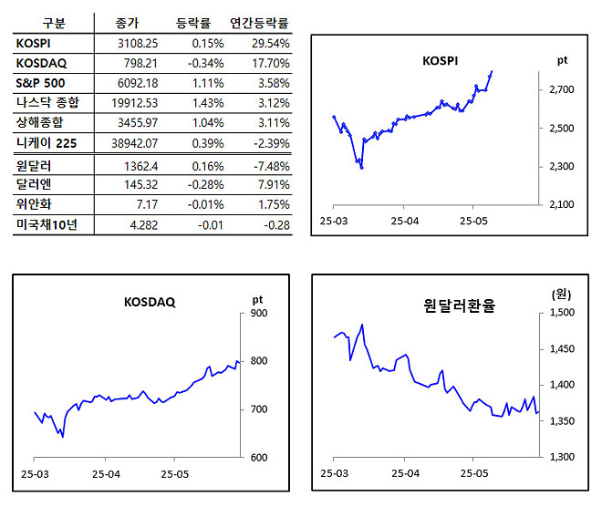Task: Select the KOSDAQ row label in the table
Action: [x=40, y=63]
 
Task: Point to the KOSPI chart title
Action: [x=441, y=61]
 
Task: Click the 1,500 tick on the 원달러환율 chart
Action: [x=563, y=314]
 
